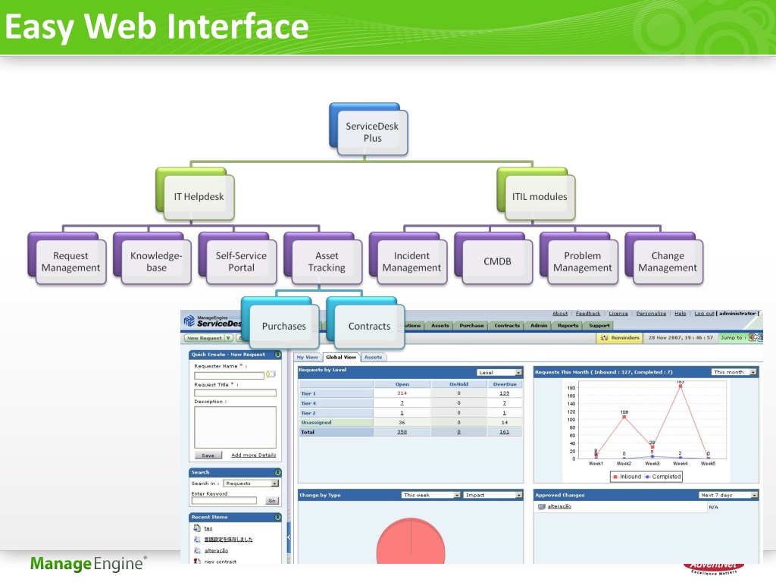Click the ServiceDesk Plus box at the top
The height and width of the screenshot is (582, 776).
tap(372, 133)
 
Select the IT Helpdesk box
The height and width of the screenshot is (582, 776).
tap(199, 196)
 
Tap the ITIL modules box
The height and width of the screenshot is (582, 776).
tap(540, 196)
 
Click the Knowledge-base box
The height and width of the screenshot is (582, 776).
tap(156, 261)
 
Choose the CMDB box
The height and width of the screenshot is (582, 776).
tap(497, 261)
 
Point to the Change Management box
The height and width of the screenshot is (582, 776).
tap(668, 261)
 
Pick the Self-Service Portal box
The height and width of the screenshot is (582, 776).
tap(241, 261)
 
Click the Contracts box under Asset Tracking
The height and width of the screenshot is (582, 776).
tap(369, 326)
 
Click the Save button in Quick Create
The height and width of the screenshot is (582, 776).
tap(208, 455)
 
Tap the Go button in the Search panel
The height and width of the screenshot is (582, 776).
tap(272, 501)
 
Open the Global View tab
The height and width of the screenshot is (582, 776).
tap(340, 357)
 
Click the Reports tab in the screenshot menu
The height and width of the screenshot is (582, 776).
tap(568, 326)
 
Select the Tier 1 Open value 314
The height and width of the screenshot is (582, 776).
tap(402, 393)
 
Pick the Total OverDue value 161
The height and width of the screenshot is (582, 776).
tap(504, 432)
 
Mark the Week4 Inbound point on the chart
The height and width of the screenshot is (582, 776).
tap(681, 386)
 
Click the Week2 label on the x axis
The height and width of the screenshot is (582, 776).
tap(624, 463)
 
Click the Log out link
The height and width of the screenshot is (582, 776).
tap(704, 314)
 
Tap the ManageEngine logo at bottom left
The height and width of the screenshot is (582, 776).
tap(88, 564)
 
